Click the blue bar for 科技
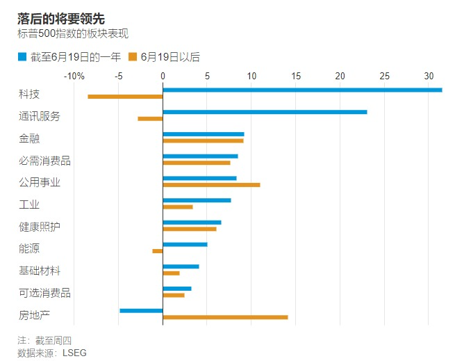click(302, 90)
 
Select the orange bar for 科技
click(125, 96)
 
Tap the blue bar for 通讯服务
click(265, 112)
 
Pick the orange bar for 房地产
click(225, 317)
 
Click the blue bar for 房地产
click(141, 310)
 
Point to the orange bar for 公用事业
click(211, 185)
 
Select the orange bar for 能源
click(158, 251)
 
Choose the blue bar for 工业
click(197, 200)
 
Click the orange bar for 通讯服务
click(150, 119)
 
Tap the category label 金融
click(28, 138)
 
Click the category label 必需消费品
click(44, 161)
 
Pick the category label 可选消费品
click(44, 293)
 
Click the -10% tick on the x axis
click(74, 76)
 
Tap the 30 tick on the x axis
click(429, 76)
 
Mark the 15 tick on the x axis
click(296, 76)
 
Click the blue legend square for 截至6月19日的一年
click(22, 57)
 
